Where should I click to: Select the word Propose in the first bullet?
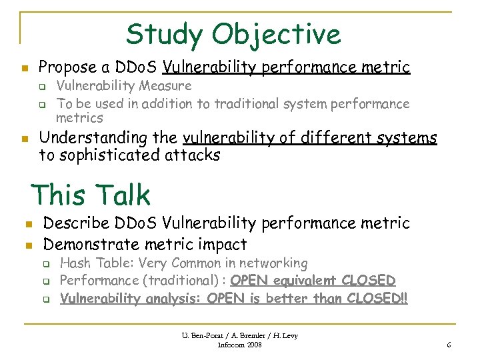[x=66, y=67]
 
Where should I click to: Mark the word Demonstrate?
[x=93, y=245]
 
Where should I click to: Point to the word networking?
[x=273, y=264]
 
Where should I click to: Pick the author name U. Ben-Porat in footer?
[x=206, y=335]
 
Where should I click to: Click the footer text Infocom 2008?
[x=239, y=345]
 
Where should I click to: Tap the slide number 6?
[x=449, y=345]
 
